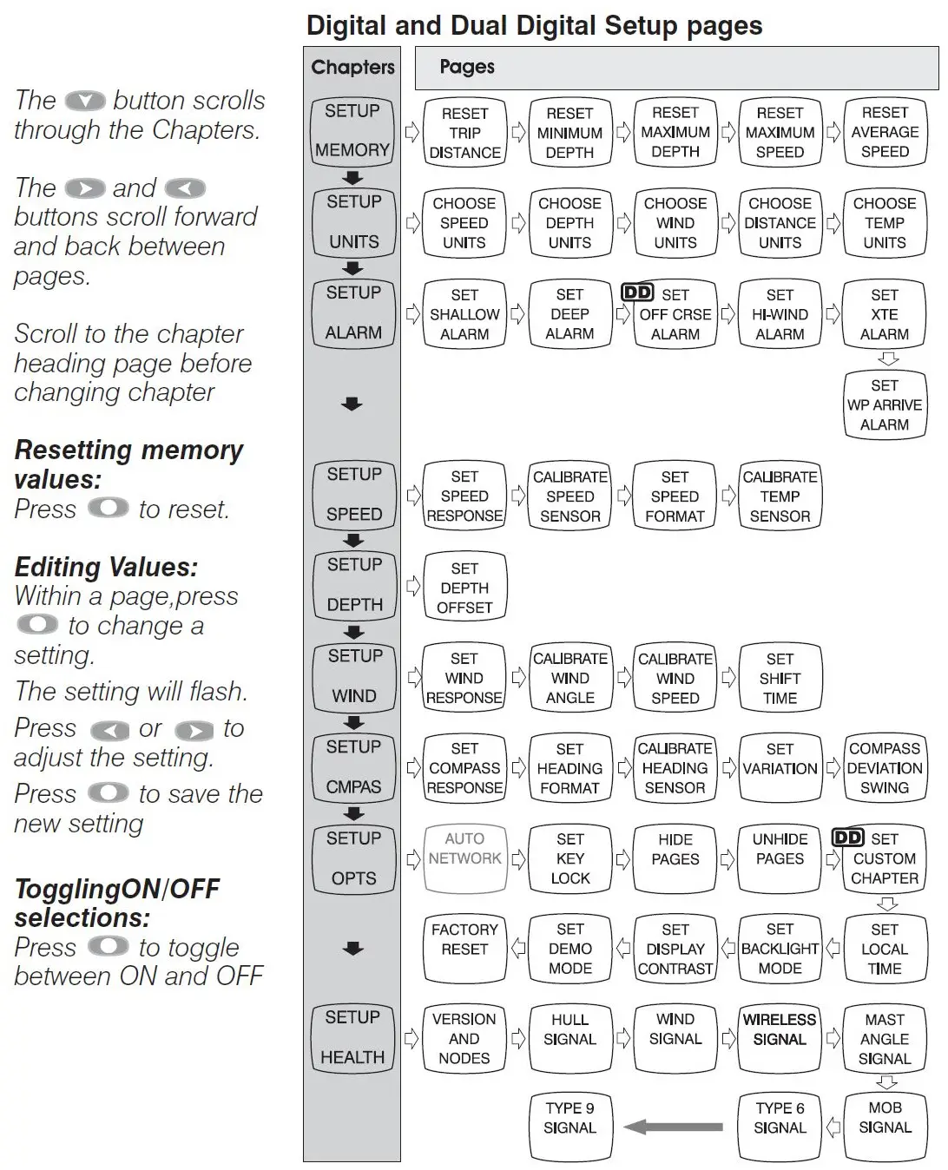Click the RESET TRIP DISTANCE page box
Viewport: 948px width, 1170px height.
point(464,133)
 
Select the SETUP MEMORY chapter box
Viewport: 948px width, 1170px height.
point(352,131)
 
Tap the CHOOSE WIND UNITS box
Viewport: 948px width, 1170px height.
point(675,223)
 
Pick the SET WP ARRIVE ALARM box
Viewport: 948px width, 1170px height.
point(885,404)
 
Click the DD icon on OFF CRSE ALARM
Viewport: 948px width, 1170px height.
point(637,293)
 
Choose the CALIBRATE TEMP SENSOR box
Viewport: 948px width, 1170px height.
point(780,496)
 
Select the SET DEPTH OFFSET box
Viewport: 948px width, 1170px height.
point(464,588)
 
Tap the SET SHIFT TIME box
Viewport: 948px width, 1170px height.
point(780,678)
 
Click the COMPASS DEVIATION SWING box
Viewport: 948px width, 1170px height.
point(885,768)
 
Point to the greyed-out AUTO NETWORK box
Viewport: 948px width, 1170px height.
point(464,858)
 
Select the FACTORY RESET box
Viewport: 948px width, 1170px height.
point(464,949)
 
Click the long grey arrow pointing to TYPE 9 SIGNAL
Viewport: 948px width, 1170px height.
point(674,1127)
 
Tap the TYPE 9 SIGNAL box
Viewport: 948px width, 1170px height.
point(569,1127)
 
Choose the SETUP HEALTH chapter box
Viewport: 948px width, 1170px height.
point(352,1037)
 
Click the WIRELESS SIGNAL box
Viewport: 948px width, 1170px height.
point(780,1039)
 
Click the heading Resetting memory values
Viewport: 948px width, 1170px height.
point(128,464)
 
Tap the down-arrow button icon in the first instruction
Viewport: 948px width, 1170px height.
point(85,102)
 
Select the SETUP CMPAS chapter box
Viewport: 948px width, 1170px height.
point(353,767)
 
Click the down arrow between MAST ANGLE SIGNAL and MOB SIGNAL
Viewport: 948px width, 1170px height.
point(886,1081)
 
